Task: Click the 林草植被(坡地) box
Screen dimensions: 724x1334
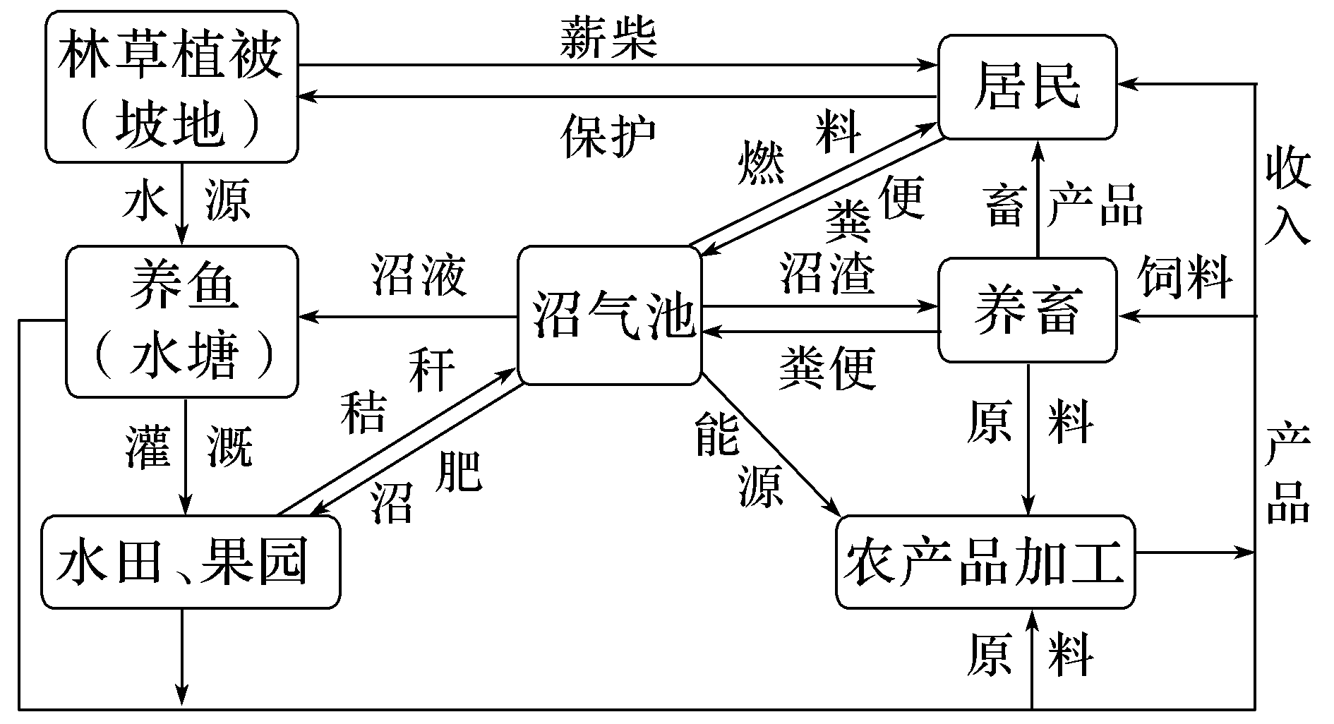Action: pos(172,86)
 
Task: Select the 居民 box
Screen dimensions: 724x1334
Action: pos(1026,86)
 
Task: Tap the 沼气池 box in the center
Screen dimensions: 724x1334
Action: pos(610,315)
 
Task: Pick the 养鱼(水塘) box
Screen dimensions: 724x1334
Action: pos(182,321)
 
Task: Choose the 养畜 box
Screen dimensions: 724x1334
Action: pos(1026,311)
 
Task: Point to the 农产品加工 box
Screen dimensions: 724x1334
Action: pos(985,562)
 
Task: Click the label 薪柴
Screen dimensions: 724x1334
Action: pos(608,39)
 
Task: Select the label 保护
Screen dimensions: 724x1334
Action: pos(608,135)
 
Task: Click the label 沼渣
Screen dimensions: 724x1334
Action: pos(827,272)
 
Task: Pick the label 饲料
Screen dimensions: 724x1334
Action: pos(1186,277)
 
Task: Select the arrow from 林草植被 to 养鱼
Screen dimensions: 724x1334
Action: pos(183,205)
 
